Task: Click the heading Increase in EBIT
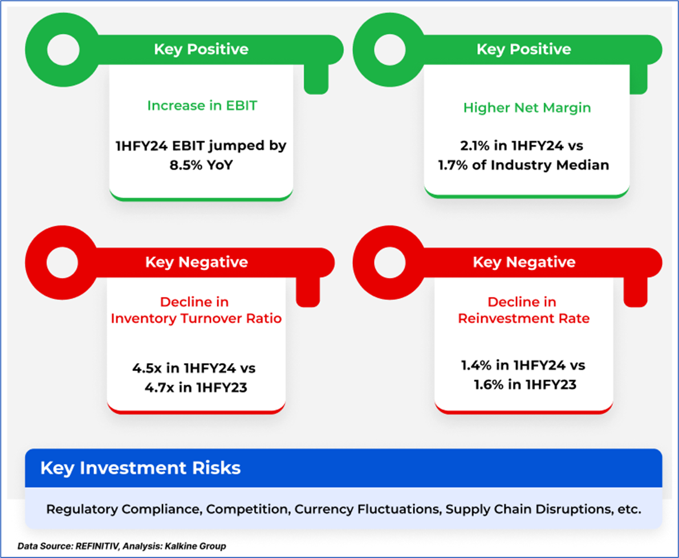coord(202,105)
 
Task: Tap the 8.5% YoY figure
coord(201,165)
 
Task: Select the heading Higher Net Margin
coord(527,108)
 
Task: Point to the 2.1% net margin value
coord(474,145)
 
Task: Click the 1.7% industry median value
coord(453,165)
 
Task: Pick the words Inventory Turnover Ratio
coord(196,319)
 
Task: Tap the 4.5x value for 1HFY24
coord(147,368)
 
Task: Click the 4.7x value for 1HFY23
coord(160,388)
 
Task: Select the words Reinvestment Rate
coord(524,319)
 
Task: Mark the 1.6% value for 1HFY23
coord(489,384)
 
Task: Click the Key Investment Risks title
coord(140,469)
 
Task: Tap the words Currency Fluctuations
coord(367,509)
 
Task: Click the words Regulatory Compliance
coord(124,510)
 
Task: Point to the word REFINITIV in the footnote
coord(97,546)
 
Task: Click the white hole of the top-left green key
coord(63,50)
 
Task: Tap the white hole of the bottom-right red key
coord(390,262)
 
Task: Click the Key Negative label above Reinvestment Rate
coord(524,262)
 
